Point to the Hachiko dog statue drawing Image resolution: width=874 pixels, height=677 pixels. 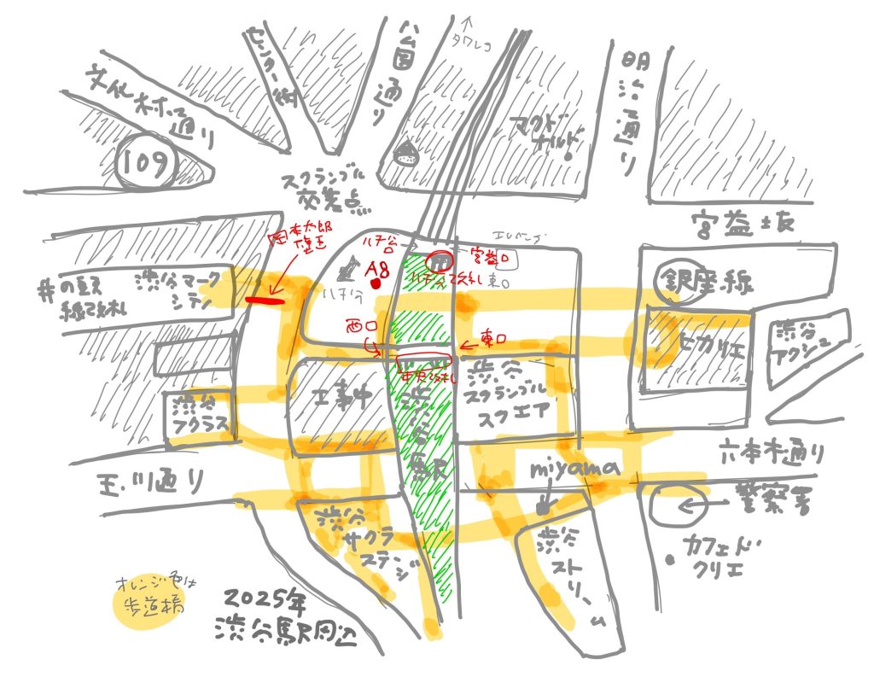[348, 272]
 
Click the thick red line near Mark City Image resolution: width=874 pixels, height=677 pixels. [265, 300]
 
